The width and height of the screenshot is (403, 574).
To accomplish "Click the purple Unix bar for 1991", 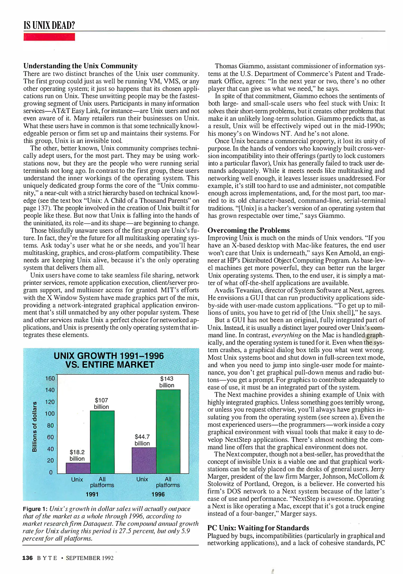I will point(78,468).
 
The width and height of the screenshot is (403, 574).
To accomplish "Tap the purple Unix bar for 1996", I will point(144,460).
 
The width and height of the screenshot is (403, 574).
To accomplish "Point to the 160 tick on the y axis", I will point(50,378).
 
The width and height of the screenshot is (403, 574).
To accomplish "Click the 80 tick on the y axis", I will point(50,425).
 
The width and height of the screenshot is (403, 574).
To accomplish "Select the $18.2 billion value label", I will point(77,455).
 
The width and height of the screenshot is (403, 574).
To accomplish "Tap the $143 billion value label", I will point(167,382).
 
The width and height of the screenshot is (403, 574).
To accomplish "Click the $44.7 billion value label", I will point(142,440).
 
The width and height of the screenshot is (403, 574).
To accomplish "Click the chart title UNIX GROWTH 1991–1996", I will point(109,356).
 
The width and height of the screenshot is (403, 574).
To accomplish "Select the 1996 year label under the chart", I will point(158,494).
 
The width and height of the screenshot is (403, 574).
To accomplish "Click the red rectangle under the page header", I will point(49,37).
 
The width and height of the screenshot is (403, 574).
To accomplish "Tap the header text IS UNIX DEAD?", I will point(49,26).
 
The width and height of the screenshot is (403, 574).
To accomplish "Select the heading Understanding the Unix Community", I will point(80,66).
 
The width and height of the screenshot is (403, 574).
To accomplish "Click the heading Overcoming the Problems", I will point(248,230).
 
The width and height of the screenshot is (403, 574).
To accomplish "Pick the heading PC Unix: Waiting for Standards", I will point(258,528).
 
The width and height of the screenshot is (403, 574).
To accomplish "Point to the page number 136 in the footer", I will point(27,558).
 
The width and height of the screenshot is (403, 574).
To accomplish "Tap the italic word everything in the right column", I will point(286,335).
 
